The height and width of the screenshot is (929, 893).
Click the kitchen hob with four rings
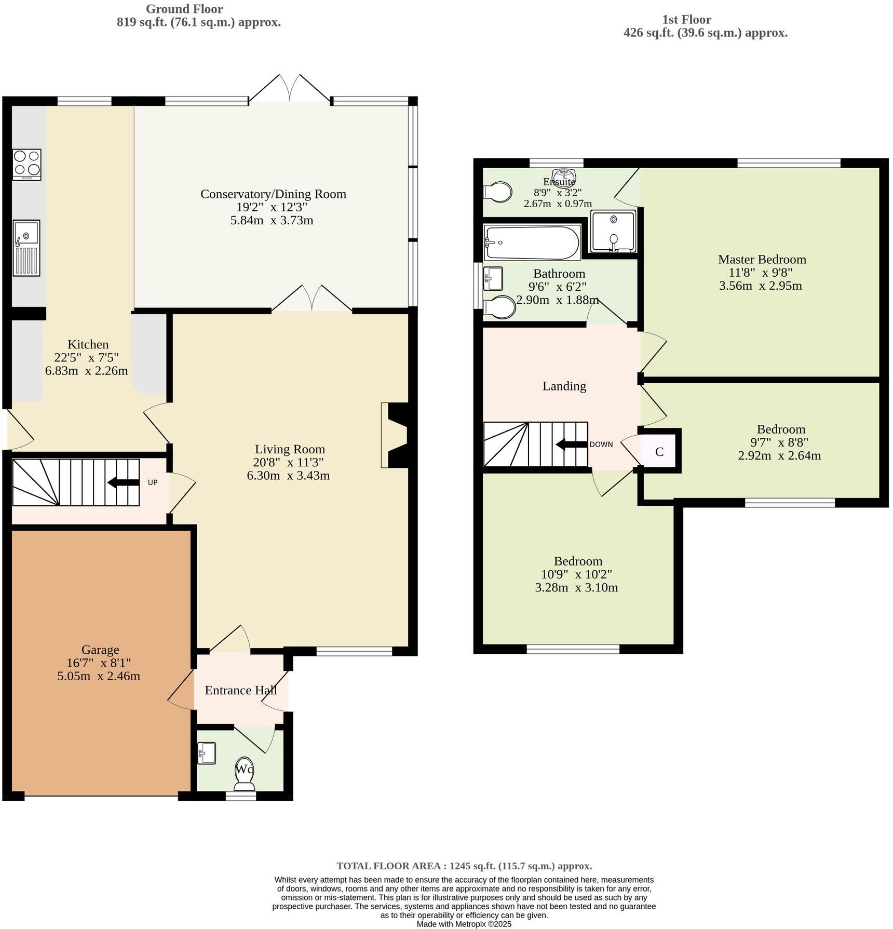coord(27,164)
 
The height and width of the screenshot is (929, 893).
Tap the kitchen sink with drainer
coord(26,248)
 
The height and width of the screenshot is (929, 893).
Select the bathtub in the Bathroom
coord(532,243)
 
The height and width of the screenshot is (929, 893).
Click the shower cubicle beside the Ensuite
coord(613,232)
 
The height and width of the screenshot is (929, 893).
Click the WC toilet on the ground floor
coord(245,776)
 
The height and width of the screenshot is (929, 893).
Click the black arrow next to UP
coord(123,482)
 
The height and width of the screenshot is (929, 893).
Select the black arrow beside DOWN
coord(571,445)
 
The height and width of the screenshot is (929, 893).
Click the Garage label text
coord(100,650)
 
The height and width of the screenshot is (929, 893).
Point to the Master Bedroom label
coord(762,259)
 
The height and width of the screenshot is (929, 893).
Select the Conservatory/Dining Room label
coord(273,194)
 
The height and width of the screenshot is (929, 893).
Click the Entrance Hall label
coord(240,690)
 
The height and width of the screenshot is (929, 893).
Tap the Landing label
coord(564,386)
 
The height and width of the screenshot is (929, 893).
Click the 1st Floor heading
coord(686,20)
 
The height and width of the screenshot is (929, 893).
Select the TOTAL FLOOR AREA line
coord(464,866)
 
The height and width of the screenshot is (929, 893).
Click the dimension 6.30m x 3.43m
coord(288,476)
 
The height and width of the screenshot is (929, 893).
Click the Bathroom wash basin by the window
coord(493,279)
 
